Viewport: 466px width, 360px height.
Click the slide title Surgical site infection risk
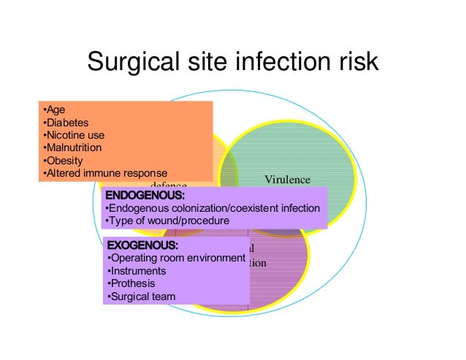click(x=232, y=61)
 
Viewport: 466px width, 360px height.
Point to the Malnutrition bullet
click(x=73, y=148)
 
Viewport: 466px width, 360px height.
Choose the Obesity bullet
click(x=64, y=160)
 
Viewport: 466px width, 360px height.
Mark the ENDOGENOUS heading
click(x=145, y=196)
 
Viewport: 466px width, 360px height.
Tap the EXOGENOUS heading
click(x=142, y=245)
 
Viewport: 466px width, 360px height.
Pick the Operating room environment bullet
click(x=176, y=258)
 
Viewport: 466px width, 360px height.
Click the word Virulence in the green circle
click(x=287, y=180)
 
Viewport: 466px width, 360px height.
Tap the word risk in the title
click(x=356, y=61)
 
